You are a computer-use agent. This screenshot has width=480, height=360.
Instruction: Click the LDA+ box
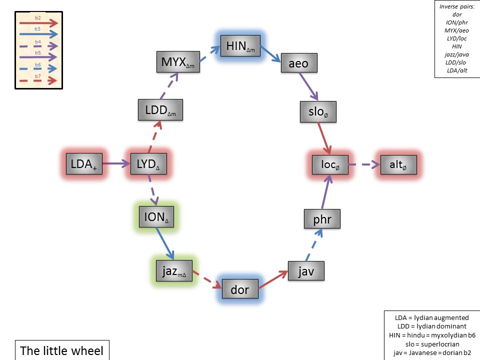84,164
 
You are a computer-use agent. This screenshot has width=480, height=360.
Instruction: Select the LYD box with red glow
145,164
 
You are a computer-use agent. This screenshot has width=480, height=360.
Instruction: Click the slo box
318,112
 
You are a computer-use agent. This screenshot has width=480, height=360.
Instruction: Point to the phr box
322,219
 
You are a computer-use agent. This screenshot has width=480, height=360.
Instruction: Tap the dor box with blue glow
239,289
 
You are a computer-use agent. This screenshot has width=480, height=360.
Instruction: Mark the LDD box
160,109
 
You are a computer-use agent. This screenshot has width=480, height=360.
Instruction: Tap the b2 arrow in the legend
38,23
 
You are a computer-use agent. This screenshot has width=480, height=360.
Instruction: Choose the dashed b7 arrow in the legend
38,80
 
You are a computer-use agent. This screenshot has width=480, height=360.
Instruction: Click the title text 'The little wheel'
62,350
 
